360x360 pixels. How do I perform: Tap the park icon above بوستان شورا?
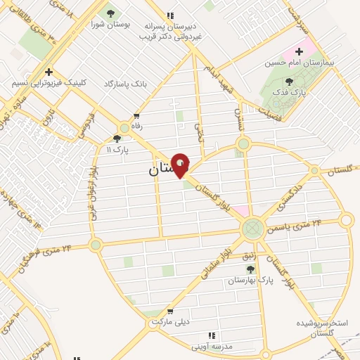(x=109, y=13)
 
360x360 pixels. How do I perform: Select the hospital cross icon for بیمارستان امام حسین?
(x=300, y=51)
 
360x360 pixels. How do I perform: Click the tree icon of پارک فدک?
(x=289, y=82)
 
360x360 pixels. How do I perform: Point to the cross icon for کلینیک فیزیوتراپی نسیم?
(x=49, y=72)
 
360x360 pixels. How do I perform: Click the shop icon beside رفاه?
(x=136, y=116)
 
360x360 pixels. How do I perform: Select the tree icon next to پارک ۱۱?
(x=117, y=139)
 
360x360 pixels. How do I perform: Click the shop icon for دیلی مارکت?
(x=169, y=310)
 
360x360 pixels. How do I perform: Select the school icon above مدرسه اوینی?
(x=212, y=336)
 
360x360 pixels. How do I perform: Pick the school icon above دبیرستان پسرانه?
(x=169, y=15)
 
